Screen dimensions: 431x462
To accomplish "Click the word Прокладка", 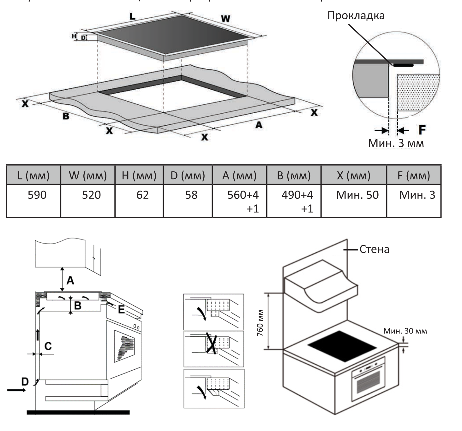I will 356,16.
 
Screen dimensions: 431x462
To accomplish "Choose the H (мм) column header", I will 139,175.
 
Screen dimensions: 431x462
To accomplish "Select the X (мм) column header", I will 354,175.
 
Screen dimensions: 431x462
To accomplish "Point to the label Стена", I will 374,249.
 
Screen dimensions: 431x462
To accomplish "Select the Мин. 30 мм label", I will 405,331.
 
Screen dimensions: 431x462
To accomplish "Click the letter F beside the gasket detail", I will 422,130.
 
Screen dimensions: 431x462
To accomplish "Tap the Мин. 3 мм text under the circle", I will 396,143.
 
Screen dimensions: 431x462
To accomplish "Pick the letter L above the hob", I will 133,16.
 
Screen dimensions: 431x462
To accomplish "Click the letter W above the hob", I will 225,19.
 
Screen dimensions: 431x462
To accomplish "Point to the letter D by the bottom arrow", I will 25,381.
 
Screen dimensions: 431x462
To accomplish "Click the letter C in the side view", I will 48,346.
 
